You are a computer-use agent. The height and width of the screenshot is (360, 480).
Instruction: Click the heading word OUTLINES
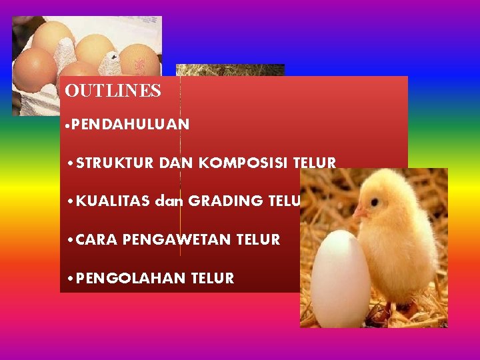click(x=113, y=91)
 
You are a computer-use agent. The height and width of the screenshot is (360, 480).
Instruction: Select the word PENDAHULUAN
click(x=131, y=124)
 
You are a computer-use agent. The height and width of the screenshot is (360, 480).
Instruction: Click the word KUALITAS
click(x=113, y=201)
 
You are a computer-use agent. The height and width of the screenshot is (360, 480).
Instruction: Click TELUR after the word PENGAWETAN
click(x=258, y=239)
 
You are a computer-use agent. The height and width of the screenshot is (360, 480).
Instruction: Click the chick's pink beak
click(x=360, y=212)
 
